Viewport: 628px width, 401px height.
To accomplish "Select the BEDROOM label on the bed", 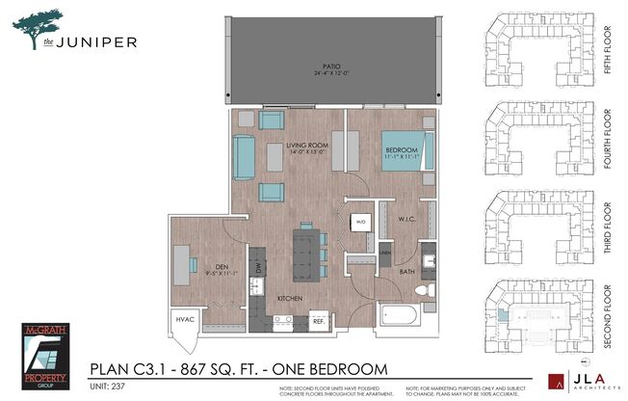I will (401, 150).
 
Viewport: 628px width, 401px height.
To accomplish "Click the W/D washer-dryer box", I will (361, 221).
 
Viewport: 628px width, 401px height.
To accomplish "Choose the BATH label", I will (408, 272).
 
